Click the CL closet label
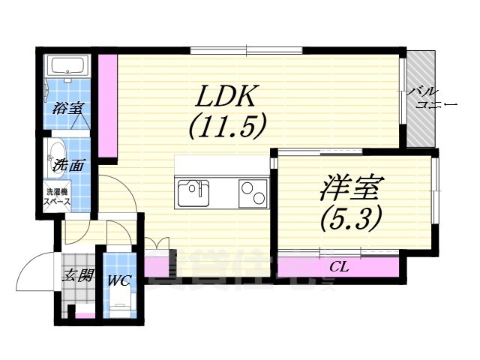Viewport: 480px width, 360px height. click(339, 266)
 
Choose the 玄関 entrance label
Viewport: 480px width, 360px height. click(76, 275)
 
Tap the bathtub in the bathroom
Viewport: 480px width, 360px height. click(67, 68)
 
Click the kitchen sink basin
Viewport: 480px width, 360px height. click(193, 194)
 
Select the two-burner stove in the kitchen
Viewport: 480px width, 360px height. click(253, 193)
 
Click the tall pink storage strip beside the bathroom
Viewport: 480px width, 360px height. click(108, 105)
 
